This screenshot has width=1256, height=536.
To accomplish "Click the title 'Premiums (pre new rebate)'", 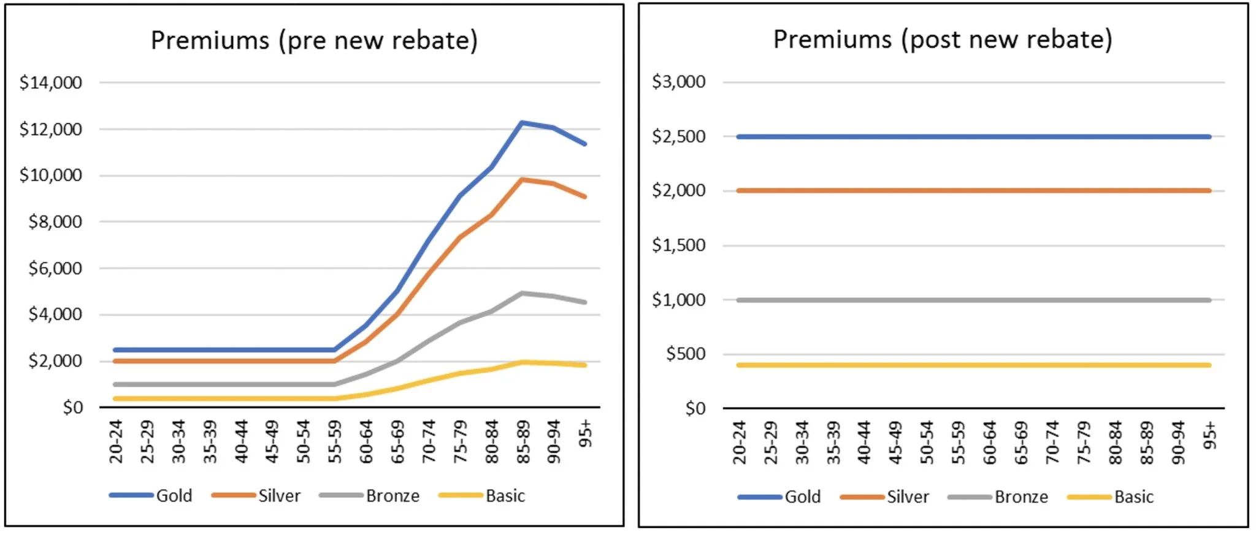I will tap(314, 41).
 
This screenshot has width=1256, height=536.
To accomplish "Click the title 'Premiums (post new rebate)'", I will tap(943, 39).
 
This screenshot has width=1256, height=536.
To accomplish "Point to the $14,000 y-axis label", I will tap(51, 82).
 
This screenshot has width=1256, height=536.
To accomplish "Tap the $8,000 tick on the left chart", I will tap(55, 222).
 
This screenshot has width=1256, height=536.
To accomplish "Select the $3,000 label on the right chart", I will tap(679, 82).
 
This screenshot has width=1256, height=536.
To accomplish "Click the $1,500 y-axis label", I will tap(679, 245).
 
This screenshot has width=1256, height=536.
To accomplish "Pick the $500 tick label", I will tap(686, 354).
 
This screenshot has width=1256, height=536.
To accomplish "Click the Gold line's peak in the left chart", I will tap(522, 123).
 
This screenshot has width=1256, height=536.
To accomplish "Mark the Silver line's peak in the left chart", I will tap(522, 179).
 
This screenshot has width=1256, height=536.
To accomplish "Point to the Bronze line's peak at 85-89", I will tap(522, 293).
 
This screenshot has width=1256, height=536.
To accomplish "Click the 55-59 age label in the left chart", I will tap(334, 441).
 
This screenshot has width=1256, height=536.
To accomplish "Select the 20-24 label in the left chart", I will tap(116, 441).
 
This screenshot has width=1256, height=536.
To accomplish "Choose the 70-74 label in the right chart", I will tap(1052, 441).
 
